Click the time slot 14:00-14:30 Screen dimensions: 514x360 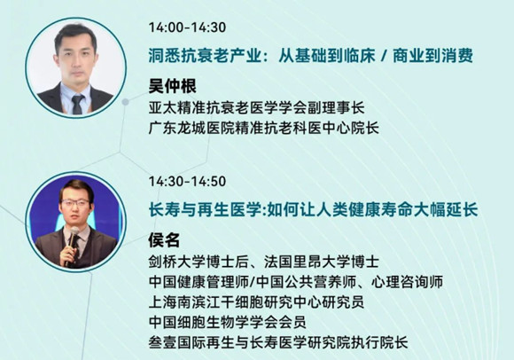(187, 27)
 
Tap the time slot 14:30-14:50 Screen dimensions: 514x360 (187, 181)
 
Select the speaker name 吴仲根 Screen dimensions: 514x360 (173, 86)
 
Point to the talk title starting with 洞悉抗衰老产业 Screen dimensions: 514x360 (311, 55)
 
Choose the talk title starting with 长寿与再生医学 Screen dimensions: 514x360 (313, 209)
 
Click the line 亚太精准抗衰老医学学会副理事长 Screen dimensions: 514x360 (257, 107)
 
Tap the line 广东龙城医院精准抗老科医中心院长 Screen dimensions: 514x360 (264, 128)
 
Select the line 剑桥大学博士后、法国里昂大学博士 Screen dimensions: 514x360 (264, 262)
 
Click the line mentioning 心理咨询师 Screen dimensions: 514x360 (296, 282)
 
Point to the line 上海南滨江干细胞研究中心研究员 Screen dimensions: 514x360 (256, 302)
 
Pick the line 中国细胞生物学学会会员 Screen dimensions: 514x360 (228, 322)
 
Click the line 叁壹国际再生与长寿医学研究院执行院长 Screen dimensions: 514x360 (278, 342)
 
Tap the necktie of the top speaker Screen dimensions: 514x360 (78, 105)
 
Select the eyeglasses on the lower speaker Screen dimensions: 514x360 (75, 202)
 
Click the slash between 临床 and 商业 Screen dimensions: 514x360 (384, 56)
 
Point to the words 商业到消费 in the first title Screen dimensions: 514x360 (433, 55)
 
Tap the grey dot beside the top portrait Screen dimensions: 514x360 (125, 102)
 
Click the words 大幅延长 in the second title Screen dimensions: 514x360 (446, 209)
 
